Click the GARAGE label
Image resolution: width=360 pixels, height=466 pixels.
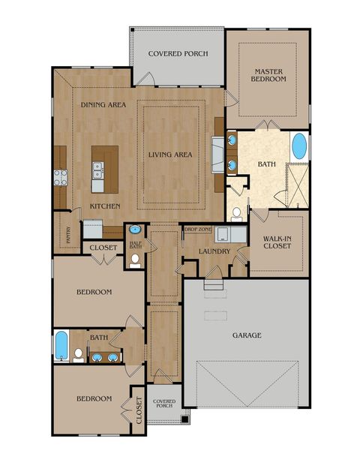[247, 335]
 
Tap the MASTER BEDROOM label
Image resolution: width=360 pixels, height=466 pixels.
[268, 75]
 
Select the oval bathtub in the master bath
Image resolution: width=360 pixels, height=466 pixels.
[299, 146]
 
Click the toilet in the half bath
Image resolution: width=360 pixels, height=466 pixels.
[135, 260]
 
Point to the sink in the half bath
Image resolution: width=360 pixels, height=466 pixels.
[135, 230]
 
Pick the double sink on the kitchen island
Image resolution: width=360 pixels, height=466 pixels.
[97, 170]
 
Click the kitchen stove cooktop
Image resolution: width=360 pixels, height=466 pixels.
[61, 177]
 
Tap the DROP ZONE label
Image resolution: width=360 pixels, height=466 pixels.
[198, 230]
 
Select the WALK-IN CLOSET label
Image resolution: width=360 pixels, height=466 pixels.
[277, 242]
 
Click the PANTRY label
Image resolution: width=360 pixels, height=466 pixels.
[68, 235]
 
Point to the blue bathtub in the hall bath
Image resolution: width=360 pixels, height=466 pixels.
[61, 346]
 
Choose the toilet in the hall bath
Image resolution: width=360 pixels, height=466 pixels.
[79, 355]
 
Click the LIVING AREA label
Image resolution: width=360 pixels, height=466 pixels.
[170, 155]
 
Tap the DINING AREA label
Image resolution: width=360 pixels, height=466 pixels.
[103, 104]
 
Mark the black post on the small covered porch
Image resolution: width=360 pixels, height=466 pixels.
[184, 419]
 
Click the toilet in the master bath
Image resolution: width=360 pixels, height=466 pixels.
[236, 215]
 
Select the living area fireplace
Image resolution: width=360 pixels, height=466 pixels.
[217, 155]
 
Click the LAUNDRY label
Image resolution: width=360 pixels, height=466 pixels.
[214, 251]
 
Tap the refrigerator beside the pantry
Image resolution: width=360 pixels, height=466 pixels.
[93, 229]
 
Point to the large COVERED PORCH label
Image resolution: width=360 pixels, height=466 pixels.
[178, 54]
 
